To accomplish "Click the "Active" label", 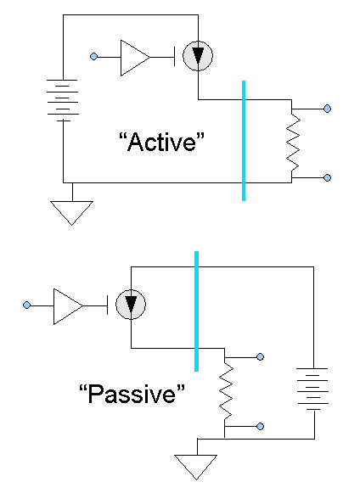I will pos(163,142).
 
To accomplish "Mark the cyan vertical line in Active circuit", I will pos(244,141).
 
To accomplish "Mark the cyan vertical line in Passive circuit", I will pos(196,311).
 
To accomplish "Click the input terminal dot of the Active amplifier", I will pos(93,57).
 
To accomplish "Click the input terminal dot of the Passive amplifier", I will pos(26,305).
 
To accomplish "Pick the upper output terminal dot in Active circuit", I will pos(328,109).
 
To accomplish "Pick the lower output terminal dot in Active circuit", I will pos(328,178).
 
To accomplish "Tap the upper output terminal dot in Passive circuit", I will pos(260,357).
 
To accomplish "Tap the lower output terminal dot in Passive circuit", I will pos(260,426).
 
